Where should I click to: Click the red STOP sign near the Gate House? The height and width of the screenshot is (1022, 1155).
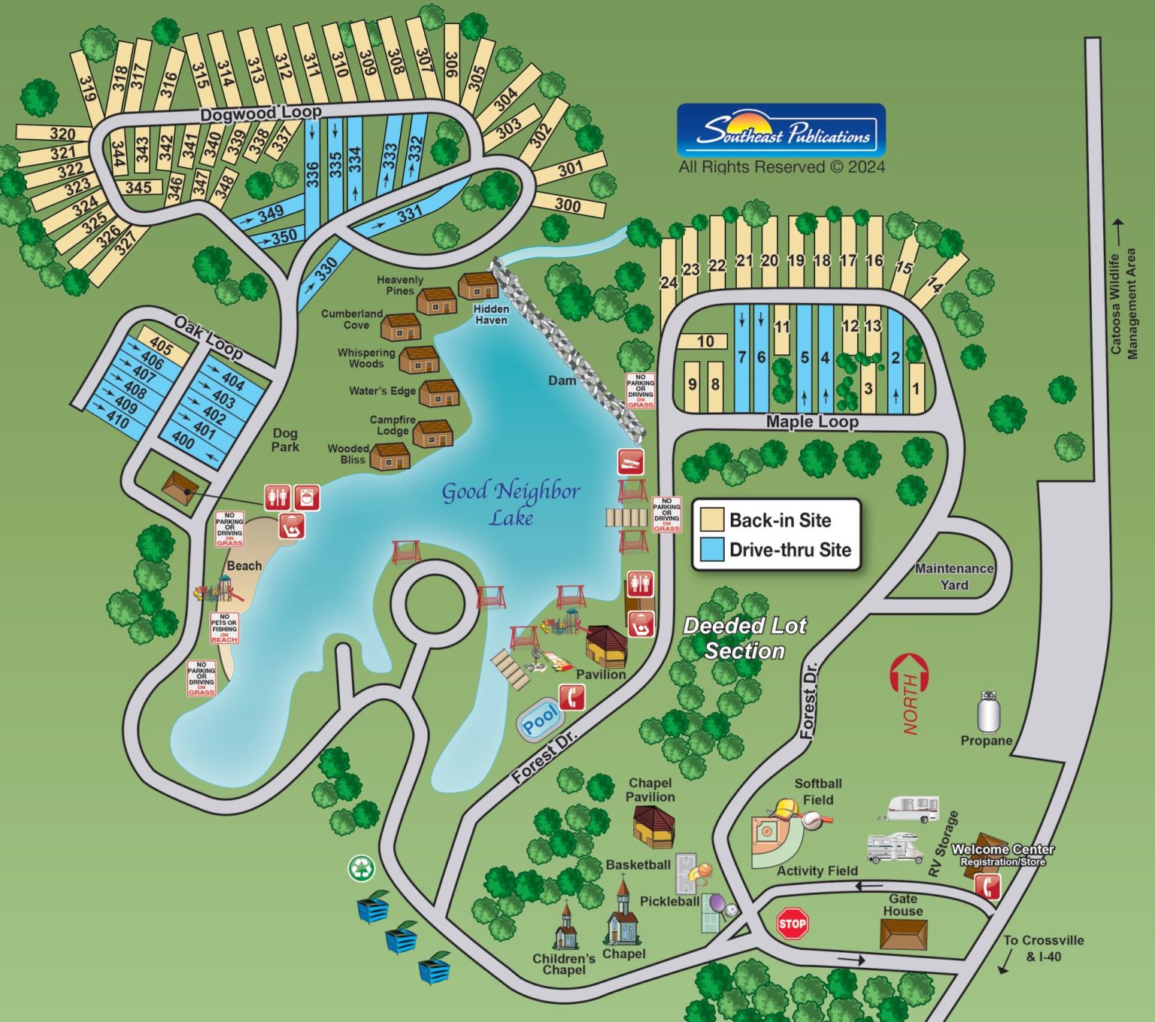coord(792,923)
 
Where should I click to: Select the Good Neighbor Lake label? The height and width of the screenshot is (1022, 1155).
coord(511,503)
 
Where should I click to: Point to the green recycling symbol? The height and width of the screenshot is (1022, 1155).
coord(362,868)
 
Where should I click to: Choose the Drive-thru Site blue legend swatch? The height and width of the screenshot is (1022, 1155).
coord(711,550)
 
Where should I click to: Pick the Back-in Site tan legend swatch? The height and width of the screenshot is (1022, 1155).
coord(711,520)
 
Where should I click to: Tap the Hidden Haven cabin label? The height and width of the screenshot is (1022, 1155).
coord(491,314)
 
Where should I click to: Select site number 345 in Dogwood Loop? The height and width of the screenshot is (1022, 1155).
coord(138,187)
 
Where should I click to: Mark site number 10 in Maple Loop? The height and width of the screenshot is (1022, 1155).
coord(705,341)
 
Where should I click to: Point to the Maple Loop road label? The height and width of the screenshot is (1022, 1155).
coord(812,422)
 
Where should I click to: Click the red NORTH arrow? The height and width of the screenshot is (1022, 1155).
coord(910,684)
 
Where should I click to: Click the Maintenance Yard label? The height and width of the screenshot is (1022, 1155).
coord(954,577)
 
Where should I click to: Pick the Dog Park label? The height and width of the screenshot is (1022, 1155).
coord(285,440)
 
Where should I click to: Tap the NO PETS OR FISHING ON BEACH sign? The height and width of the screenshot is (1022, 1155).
coord(224,628)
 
